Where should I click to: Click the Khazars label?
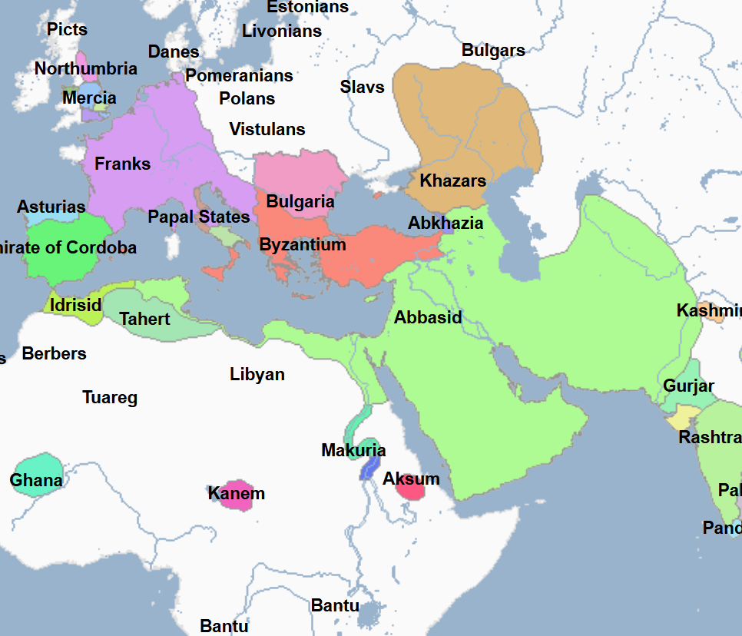point(452,181)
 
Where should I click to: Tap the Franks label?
point(122,164)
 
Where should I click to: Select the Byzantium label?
point(303,245)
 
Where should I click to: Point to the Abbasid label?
point(428,317)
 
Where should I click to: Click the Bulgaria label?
point(300,202)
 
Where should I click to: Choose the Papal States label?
point(199,217)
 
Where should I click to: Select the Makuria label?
point(353,450)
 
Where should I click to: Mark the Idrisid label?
point(75,305)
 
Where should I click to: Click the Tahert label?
point(144,318)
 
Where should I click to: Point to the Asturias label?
point(51,207)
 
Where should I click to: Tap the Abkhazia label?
point(446,223)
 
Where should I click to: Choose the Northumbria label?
point(86,68)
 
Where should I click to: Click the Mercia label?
point(89,98)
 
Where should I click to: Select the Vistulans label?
point(267,129)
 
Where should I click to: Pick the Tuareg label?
point(110,397)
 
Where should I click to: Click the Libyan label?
point(257,374)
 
